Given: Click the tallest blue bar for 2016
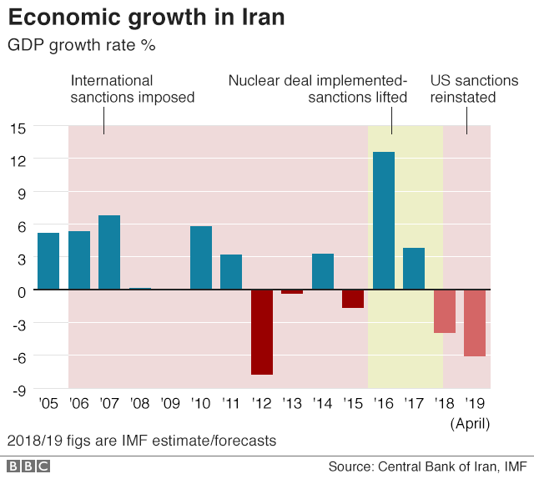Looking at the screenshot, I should click(383, 221).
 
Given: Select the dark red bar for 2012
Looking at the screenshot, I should click(261, 332).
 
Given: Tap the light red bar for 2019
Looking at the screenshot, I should click(475, 323).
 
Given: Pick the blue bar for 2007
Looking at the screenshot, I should click(109, 253).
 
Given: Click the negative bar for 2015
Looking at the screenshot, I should click(353, 299).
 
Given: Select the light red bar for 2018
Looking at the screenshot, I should click(444, 311).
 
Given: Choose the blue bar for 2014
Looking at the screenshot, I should click(323, 271).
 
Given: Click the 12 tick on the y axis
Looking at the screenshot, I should click(18, 160).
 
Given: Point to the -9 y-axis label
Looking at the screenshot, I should click(18, 389).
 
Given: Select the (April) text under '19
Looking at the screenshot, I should click(470, 423).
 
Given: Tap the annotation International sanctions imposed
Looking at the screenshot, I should click(132, 89).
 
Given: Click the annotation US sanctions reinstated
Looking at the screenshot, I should click(474, 89).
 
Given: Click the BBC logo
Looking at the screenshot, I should click(28, 466).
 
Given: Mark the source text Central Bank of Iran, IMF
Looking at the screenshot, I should click(452, 466).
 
